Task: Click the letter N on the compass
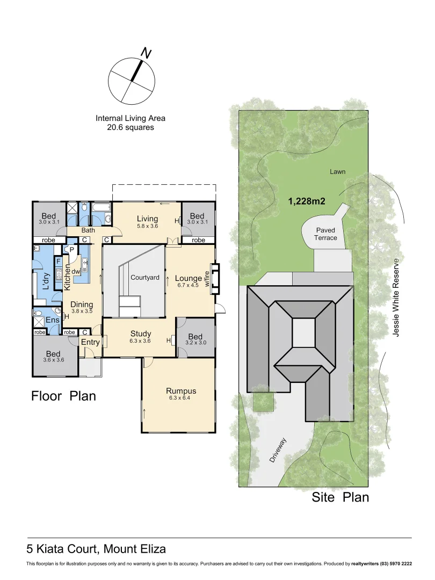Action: coord(146,53)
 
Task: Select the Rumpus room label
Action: coord(181,391)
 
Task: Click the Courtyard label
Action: coord(145,278)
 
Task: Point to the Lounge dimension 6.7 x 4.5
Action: coord(188,285)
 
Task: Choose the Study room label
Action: coord(141,334)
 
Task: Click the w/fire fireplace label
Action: coord(207,279)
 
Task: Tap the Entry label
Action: coord(90,342)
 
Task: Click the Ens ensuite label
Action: coord(53,320)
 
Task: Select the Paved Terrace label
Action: coord(325,234)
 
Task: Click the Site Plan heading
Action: coord(340,497)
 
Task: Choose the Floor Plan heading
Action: coord(63,396)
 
